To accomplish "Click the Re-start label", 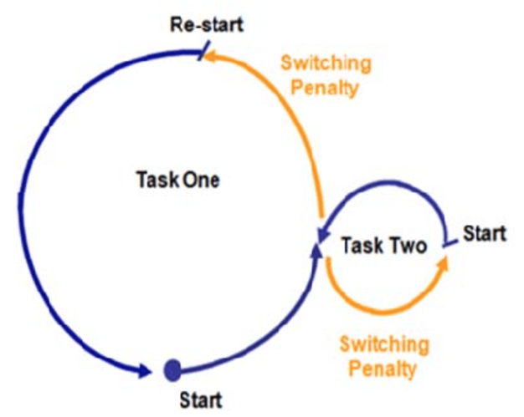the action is [x=207, y=25].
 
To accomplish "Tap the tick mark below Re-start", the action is [x=203, y=50].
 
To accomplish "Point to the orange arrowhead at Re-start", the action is [x=211, y=56].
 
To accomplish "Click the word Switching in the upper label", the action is [x=326, y=64].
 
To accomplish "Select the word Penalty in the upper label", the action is [x=325, y=88].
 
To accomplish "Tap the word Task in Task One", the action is [x=157, y=180].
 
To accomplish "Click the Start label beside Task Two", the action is [x=485, y=233].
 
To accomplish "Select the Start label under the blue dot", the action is [x=201, y=399].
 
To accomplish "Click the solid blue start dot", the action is [x=172, y=370].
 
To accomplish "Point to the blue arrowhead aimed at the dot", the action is [x=145, y=370].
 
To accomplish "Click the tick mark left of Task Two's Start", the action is [x=450, y=243].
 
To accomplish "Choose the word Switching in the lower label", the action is [x=384, y=344].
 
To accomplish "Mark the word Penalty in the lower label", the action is [x=383, y=369].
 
